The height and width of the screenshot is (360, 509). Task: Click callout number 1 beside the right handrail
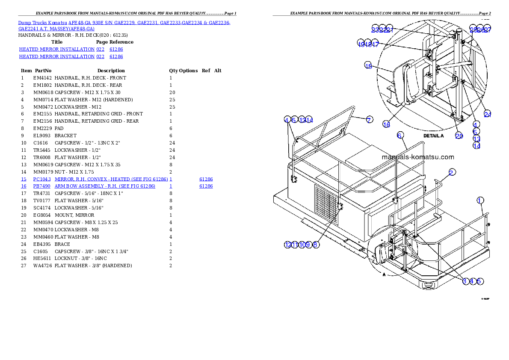click(480, 200)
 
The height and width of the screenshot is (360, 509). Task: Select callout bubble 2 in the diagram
click(452, 172)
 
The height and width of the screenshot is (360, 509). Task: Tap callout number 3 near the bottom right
click(465, 281)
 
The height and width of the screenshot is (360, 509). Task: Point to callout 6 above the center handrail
click(400, 136)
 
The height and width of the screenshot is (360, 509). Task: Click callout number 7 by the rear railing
click(369, 120)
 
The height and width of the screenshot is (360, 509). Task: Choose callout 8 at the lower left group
click(316, 245)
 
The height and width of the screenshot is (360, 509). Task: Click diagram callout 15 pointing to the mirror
click(368, 65)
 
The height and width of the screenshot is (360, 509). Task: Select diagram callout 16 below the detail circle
click(386, 124)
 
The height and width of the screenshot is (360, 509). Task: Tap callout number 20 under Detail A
click(459, 136)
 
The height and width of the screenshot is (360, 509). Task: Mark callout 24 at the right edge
click(488, 114)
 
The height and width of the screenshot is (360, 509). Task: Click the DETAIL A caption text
click(434, 136)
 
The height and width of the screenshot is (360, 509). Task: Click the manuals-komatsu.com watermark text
click(417, 157)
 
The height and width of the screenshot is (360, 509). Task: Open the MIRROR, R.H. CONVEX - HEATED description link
click(111, 179)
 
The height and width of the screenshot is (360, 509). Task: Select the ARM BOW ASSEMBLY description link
click(105, 186)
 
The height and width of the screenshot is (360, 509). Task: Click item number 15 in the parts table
click(24, 179)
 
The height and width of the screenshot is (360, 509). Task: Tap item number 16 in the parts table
click(24, 186)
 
